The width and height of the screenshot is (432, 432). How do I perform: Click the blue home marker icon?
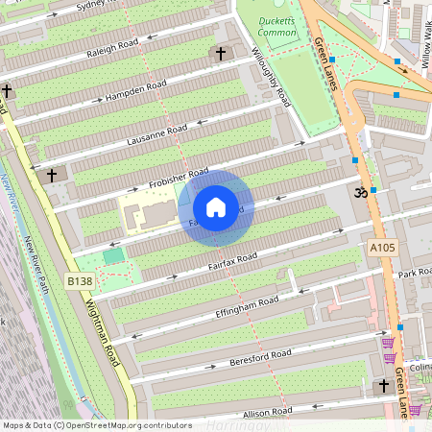point(216,207)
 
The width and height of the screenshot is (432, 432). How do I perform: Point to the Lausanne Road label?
point(157,136)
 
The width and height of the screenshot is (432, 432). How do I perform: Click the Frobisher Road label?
point(180,178)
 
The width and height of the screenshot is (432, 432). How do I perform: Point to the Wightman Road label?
point(103,326)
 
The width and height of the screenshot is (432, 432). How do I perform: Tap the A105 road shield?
point(382,248)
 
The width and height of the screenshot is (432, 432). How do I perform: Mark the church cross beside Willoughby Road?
point(222,54)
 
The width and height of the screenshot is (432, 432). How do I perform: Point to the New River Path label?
point(40,265)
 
